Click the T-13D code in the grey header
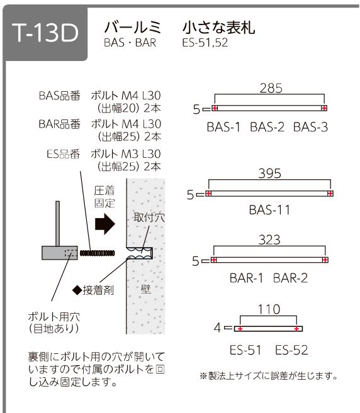[45, 33]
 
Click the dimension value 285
[271, 88]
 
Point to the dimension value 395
[269, 173]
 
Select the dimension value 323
[269, 240]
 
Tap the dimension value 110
[269, 309]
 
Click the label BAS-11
[269, 210]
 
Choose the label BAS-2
[267, 127]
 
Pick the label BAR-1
[246, 278]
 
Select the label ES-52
[291, 350]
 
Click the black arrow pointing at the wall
[105, 224]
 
